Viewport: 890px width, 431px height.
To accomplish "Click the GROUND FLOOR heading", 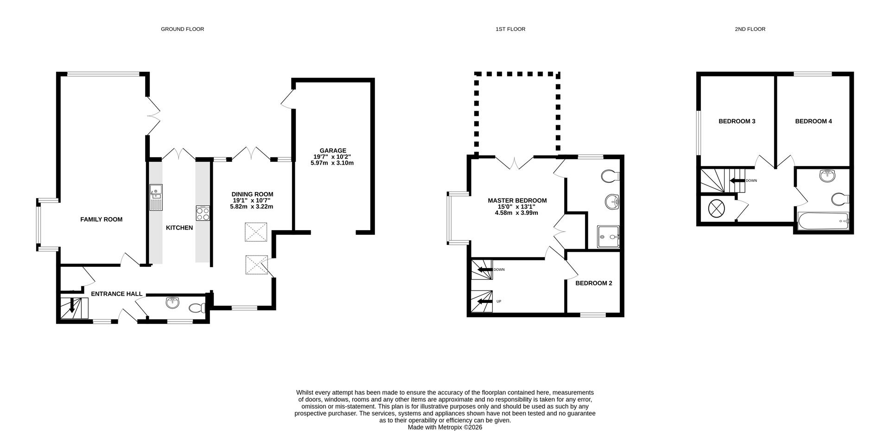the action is pyautogui.click(x=182, y=29).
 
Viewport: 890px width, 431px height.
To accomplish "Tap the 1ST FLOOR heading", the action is pyautogui.click(x=510, y=29).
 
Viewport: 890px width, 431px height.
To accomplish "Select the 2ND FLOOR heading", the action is pyautogui.click(x=750, y=29).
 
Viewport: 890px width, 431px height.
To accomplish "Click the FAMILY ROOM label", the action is pyautogui.click(x=102, y=219).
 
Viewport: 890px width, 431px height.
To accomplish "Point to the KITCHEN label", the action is pyautogui.click(x=179, y=228).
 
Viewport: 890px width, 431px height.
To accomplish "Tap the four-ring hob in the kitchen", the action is pyautogui.click(x=203, y=213).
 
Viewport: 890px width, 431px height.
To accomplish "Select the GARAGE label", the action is pyautogui.click(x=332, y=151).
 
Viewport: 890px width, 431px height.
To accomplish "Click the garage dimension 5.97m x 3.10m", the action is pyautogui.click(x=332, y=163).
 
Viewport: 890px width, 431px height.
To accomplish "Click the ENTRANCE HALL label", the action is pyautogui.click(x=117, y=294).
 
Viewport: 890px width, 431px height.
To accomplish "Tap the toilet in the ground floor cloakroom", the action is pyautogui.click(x=198, y=308).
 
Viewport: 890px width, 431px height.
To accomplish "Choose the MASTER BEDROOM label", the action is pyautogui.click(x=517, y=201).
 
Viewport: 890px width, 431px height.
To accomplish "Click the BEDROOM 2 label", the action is pyautogui.click(x=594, y=283).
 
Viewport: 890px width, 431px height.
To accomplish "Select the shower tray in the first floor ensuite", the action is pyautogui.click(x=608, y=237).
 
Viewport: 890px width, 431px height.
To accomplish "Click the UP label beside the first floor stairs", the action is pyautogui.click(x=499, y=302).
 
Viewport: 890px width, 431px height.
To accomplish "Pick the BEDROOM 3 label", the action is pyautogui.click(x=737, y=122).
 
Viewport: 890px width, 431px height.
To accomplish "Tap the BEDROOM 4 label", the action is pyautogui.click(x=814, y=122).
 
